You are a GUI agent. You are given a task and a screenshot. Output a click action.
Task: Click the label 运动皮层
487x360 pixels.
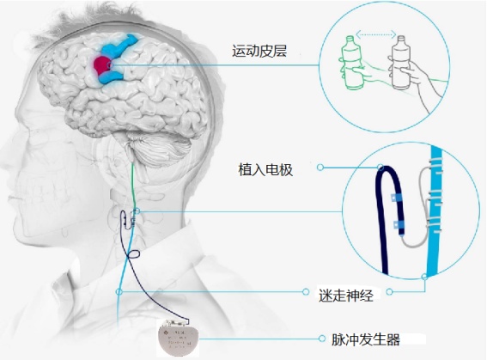[259, 51]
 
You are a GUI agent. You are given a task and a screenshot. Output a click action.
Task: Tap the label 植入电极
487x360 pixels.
[265, 170]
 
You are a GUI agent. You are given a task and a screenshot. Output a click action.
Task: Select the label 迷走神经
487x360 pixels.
[345, 295]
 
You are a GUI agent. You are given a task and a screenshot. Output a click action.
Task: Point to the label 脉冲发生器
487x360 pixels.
[366, 339]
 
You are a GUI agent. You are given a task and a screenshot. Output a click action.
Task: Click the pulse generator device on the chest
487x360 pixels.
[178, 338]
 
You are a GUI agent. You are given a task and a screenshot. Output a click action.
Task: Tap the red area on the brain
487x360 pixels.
[101, 64]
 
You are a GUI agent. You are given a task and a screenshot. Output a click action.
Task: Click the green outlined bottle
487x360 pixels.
[351, 63]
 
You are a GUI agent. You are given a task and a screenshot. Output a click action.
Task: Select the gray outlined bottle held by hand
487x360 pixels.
[400, 63]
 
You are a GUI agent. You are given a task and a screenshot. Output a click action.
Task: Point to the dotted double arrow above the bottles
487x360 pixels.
[376, 34]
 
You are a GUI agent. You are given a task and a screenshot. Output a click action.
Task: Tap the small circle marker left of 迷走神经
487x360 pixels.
[306, 291]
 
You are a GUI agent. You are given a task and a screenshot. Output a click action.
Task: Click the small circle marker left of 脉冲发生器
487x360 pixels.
[322, 339]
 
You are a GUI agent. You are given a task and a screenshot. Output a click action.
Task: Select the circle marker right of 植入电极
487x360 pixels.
[320, 168]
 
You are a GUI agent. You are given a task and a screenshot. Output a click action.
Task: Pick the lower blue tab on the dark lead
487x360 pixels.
[399, 225]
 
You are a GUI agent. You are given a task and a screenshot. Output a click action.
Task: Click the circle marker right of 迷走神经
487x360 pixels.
[389, 291]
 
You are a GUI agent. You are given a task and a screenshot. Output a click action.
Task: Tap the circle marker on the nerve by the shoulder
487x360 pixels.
[119, 291]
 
